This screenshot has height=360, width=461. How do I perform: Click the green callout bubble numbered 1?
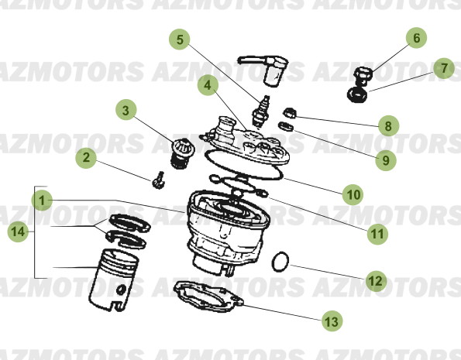click(x=43, y=200)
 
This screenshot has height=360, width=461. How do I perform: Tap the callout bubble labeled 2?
click(x=87, y=159)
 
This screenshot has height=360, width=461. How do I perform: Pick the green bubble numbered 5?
click(x=180, y=39)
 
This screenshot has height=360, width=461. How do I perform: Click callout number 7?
click(x=443, y=69)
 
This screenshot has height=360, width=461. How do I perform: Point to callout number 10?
click(x=353, y=195)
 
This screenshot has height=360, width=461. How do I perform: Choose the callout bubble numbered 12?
click(x=374, y=280)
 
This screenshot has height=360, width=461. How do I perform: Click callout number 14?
click(x=19, y=231)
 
